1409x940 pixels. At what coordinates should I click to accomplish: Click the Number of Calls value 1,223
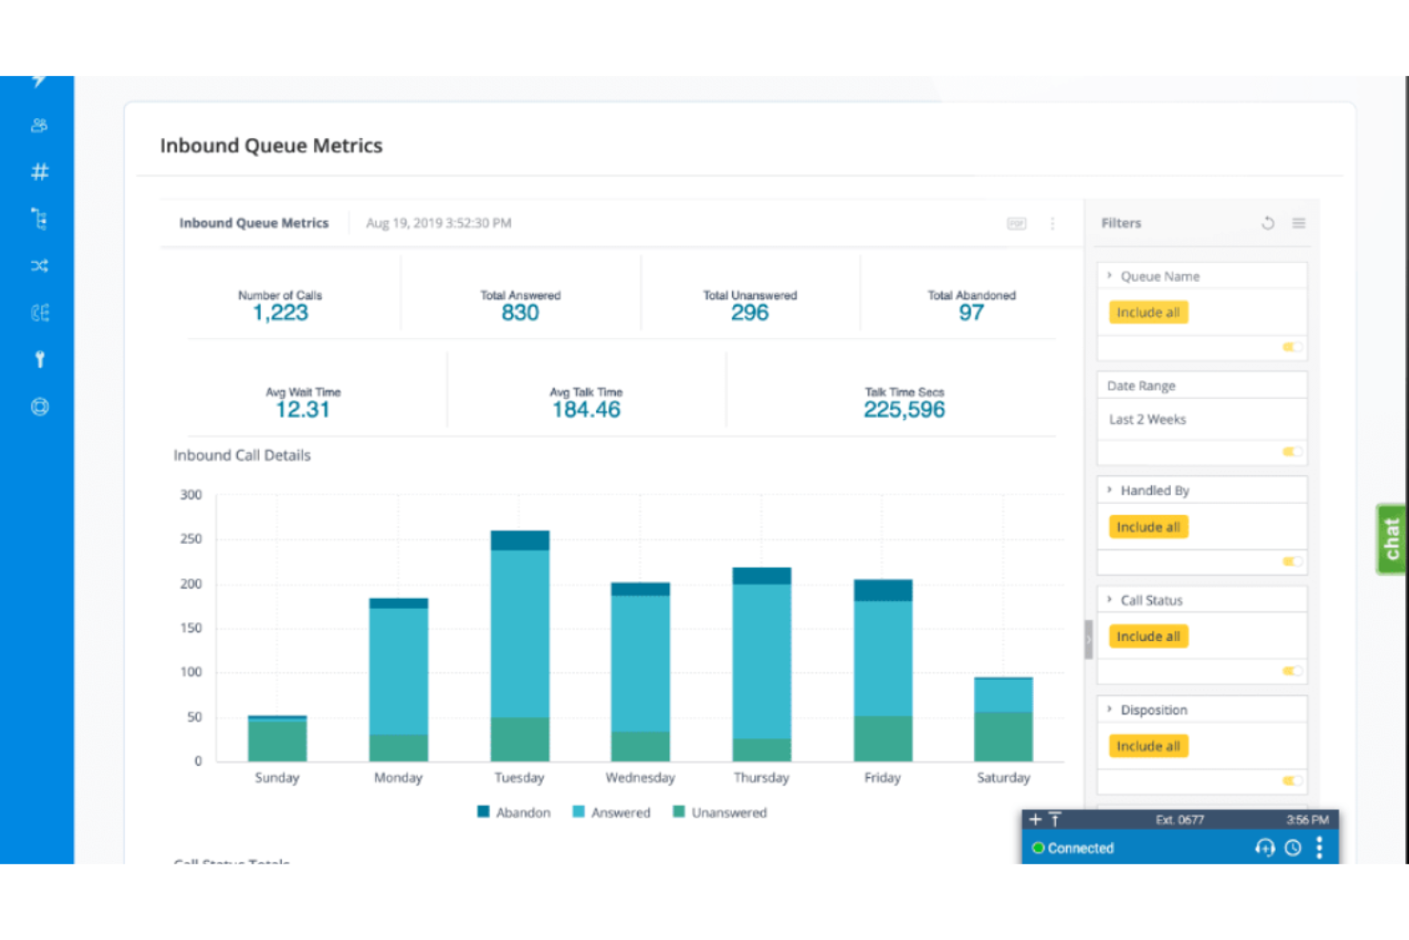coord(280,313)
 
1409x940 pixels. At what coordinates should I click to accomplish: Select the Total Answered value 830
coord(520,313)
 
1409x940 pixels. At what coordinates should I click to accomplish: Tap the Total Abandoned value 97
coord(971,313)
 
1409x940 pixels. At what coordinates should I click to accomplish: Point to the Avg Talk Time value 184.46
coord(585,410)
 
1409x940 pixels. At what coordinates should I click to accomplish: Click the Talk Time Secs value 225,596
coord(903,410)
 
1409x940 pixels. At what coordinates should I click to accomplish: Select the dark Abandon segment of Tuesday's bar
coord(520,540)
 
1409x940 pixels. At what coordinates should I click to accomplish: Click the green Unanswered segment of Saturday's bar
coord(1002,736)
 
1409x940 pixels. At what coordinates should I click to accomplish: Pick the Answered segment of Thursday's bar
coord(761,660)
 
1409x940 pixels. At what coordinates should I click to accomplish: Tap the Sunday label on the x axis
coord(277,778)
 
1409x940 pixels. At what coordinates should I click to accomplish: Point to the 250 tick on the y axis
coord(191,539)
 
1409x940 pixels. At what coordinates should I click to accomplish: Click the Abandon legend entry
coord(514,812)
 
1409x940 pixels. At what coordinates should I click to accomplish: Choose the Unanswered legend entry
coord(720,812)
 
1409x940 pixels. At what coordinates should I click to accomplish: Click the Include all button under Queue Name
coord(1148,312)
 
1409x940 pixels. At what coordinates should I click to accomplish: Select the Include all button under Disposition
coord(1148,747)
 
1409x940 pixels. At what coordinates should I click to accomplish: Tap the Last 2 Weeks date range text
coord(1147,419)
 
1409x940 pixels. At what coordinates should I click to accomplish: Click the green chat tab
coord(1391,539)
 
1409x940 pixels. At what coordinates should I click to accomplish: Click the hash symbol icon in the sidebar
coord(39,172)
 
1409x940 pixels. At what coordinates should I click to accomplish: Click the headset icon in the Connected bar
coord(1264,848)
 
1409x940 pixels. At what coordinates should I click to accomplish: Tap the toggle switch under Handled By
coord(1292,562)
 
